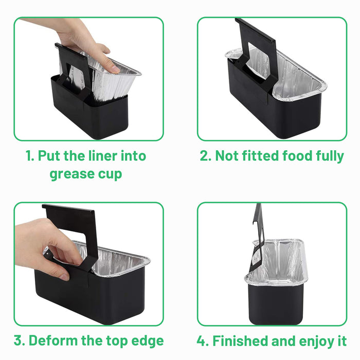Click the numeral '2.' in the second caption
point(206,156)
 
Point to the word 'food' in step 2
point(297,156)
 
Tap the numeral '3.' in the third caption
point(20,340)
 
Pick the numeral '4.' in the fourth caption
point(203,340)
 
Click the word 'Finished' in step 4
point(240,340)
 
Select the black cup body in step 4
point(276,303)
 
